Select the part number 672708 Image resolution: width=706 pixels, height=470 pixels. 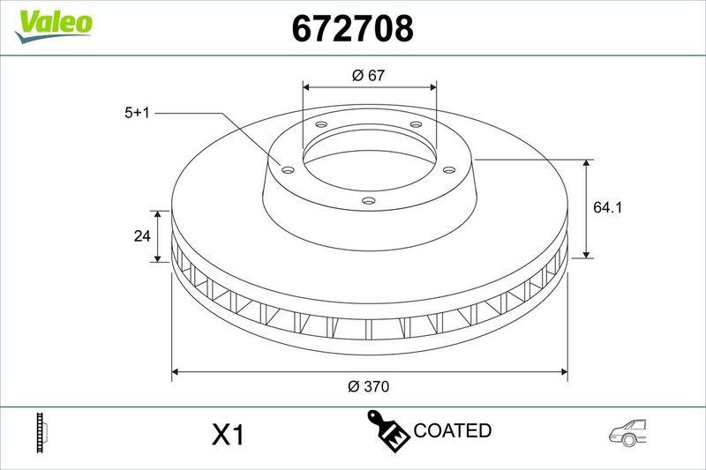point(352,29)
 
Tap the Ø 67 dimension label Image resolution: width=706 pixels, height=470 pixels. point(370,76)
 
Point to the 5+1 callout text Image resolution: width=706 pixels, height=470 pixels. point(139,113)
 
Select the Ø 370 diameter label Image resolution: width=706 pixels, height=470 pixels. point(369,385)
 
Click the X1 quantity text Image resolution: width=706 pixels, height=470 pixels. point(228,435)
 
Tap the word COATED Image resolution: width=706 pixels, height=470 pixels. point(452,431)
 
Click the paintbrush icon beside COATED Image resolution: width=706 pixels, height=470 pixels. point(387,431)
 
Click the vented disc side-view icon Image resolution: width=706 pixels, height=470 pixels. point(40,432)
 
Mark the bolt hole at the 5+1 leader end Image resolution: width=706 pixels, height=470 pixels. point(286,169)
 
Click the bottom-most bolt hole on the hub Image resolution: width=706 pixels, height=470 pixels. point(369,202)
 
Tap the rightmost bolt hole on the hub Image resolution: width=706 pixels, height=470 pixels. point(448,169)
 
